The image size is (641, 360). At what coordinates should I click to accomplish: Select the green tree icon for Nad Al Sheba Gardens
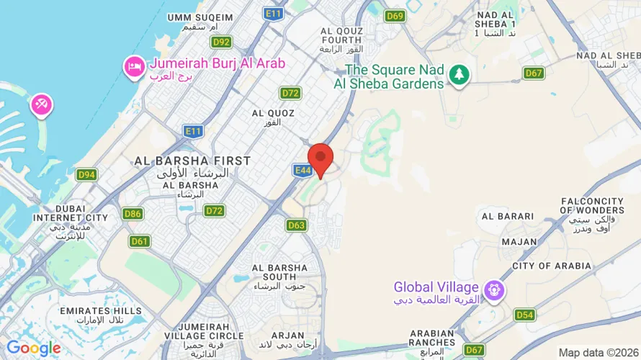click(x=459, y=73)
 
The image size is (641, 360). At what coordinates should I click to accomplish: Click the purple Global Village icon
click(x=494, y=291)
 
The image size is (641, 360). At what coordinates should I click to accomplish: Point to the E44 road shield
click(x=302, y=170)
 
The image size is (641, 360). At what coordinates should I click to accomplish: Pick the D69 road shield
click(x=394, y=16)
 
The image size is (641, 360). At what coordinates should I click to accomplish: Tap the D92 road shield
click(x=221, y=42)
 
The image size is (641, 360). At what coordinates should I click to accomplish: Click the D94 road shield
click(x=87, y=174)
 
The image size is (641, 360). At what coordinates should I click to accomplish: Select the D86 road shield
click(x=133, y=213)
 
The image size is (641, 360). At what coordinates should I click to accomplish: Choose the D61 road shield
click(x=140, y=241)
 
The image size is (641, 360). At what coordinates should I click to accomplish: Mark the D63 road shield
click(x=297, y=225)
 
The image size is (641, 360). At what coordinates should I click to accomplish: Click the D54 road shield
click(x=524, y=315)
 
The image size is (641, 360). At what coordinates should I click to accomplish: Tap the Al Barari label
click(x=508, y=216)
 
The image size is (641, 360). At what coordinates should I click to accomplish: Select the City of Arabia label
click(x=552, y=266)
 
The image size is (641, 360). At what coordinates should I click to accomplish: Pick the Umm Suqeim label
click(x=200, y=17)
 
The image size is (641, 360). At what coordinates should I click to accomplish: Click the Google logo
click(x=33, y=348)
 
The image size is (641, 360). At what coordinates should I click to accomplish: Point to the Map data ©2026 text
click(x=597, y=352)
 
